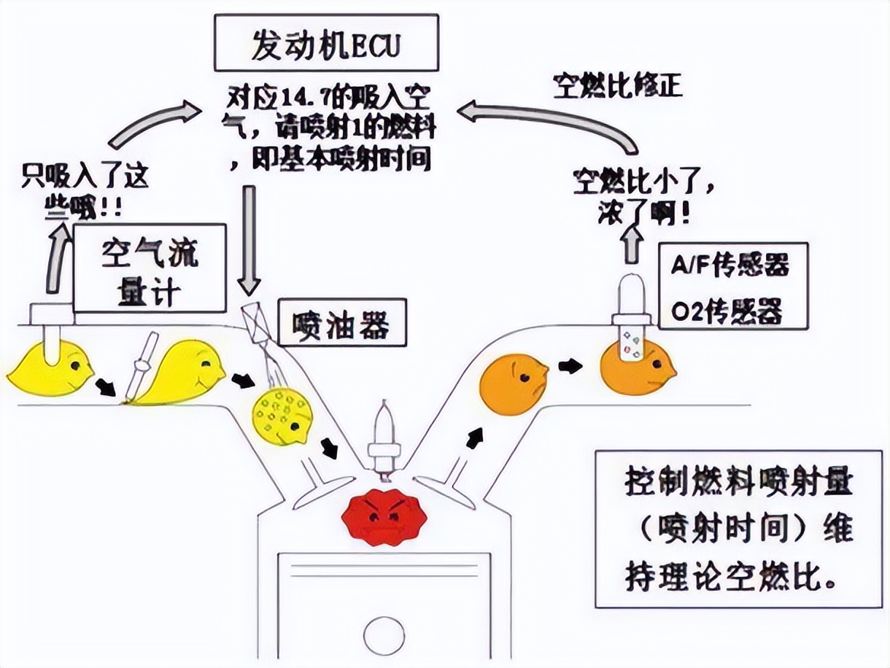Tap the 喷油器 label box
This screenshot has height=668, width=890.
pyautogui.click(x=338, y=325)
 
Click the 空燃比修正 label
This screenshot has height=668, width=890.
pyautogui.click(x=616, y=85)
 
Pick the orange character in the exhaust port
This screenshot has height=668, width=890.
pyautogui.click(x=514, y=384)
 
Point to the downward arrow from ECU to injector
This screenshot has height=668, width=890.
pyautogui.click(x=250, y=238)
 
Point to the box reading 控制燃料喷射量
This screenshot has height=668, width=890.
pyautogui.click(x=738, y=529)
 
